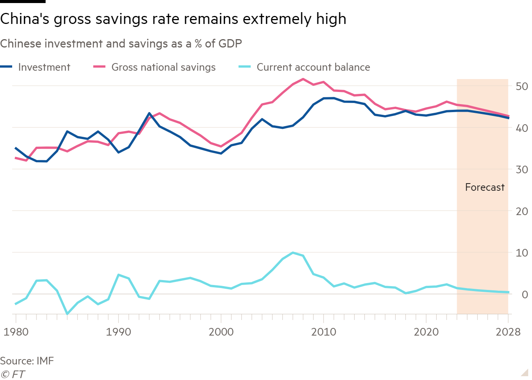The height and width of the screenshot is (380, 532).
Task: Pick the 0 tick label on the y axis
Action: pos(525,294)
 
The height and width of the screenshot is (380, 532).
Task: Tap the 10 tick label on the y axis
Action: pos(521,253)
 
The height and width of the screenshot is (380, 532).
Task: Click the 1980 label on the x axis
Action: pos(16,332)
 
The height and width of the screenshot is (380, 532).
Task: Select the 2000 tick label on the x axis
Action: pos(221,332)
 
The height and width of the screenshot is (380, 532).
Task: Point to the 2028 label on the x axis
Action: pos(508,332)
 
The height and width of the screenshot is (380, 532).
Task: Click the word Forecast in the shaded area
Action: pos(484,187)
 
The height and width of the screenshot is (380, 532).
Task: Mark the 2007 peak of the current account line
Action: pos(293,252)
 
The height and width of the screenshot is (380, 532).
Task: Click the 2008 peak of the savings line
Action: pos(303,79)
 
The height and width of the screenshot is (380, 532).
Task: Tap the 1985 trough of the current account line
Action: pos(67,314)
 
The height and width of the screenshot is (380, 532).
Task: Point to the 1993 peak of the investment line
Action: pos(149,113)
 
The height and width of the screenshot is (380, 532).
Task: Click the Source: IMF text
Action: pos(27,361)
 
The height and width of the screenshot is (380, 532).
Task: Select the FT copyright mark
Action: pos(13,374)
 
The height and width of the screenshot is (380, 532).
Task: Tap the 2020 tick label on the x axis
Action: pos(426,332)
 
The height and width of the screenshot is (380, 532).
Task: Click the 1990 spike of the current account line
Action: pos(119,274)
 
